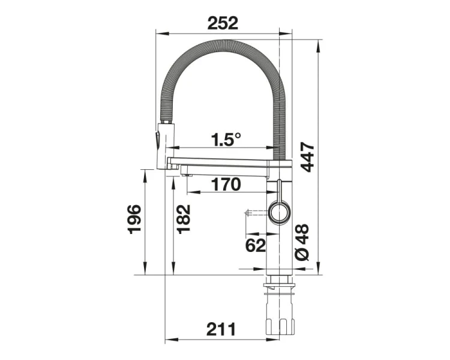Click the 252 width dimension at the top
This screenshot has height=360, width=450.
(223, 23)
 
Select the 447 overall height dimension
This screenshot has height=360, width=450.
(308, 157)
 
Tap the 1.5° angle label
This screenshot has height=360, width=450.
(225, 139)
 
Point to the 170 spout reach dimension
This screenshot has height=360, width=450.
(226, 184)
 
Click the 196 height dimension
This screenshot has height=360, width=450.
(134, 220)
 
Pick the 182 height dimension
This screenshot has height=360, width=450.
(183, 219)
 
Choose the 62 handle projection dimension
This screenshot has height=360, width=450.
(256, 245)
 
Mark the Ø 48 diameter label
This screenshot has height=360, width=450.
(302, 242)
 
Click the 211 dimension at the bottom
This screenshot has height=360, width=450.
(221, 329)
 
